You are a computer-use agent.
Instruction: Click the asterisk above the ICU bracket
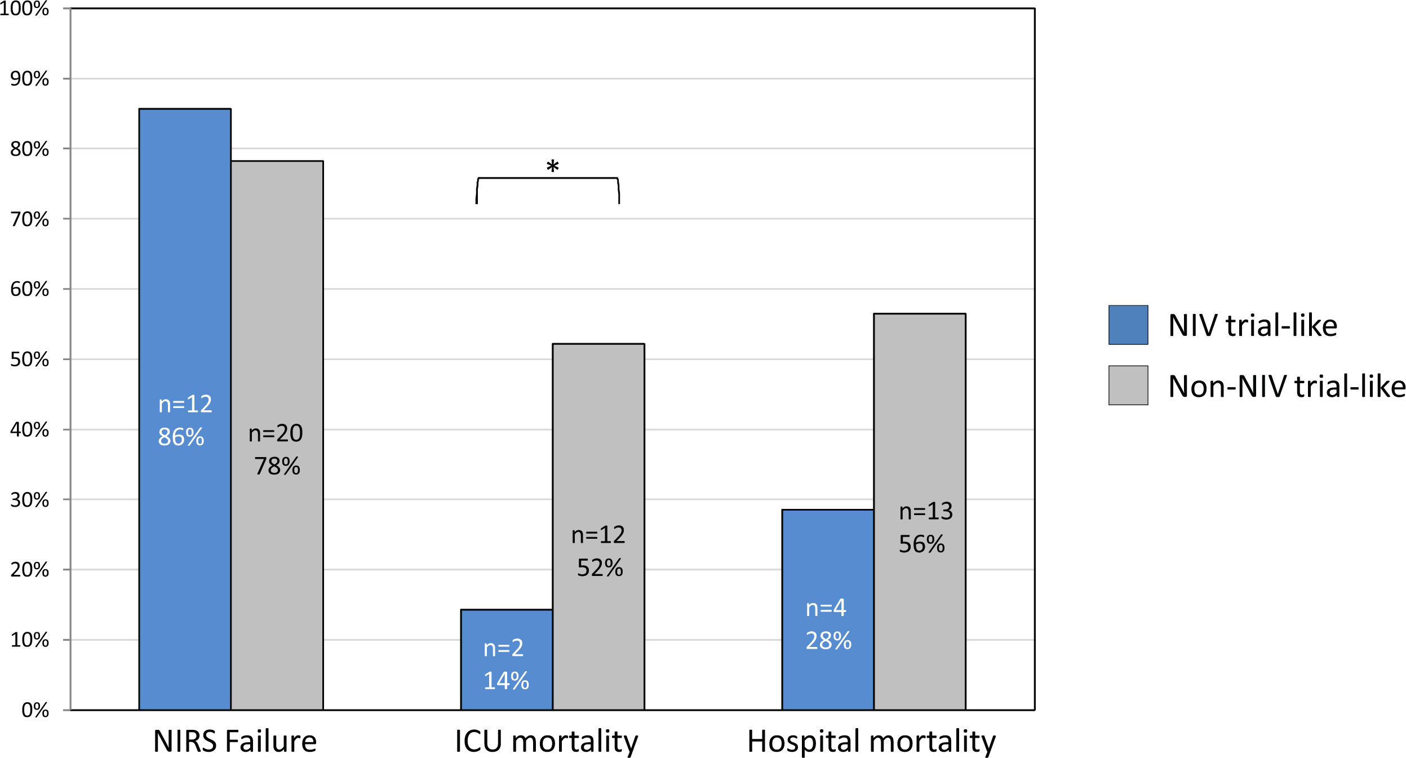pos(552,167)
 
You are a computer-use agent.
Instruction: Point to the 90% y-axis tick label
pos(29,79)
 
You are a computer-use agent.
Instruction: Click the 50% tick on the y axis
pos(29,360)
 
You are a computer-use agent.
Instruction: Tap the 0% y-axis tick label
pos(35,710)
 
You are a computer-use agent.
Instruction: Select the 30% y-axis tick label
pos(29,500)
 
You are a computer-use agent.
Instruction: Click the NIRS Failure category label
pos(234,741)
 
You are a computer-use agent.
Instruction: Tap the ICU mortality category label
pos(546,741)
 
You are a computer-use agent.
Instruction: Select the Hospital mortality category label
pos(871,741)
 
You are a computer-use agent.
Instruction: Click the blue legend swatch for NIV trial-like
pos(1128,325)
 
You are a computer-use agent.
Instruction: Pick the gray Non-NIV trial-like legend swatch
pos(1128,385)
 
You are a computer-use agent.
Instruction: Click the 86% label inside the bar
pos(181,437)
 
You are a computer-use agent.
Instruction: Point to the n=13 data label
pos(925,511)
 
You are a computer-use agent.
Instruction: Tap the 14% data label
pos(506,681)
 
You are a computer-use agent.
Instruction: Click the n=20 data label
pos(276,433)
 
